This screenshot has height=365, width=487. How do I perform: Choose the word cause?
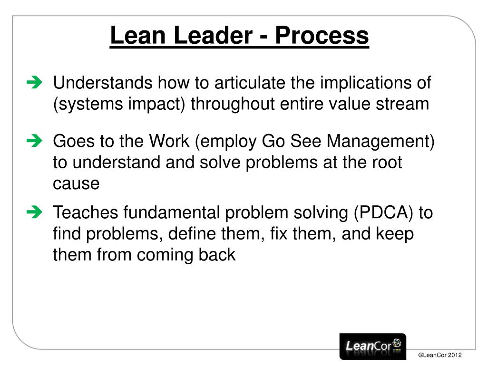[76, 183]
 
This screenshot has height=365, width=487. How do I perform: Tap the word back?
[216, 255]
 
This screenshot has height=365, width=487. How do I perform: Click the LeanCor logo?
[373, 346]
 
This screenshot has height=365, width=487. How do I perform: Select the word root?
[385, 162]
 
